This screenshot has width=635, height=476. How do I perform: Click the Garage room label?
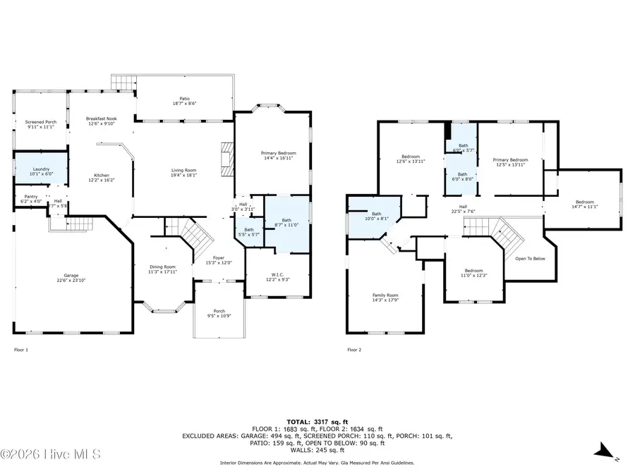click(71, 278)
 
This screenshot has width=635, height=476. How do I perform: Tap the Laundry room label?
click(41, 169)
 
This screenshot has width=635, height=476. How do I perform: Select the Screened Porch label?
click(41, 125)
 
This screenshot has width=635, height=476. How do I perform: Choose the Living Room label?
click(183, 172)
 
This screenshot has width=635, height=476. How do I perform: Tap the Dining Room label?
click(162, 269)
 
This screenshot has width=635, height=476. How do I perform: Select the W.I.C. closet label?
click(277, 277)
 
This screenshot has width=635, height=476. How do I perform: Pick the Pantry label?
click(30, 199)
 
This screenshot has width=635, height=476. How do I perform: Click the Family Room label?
click(385, 298)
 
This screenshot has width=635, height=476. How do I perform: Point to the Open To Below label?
click(529, 259)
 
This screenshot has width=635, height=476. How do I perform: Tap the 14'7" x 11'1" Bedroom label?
click(584, 204)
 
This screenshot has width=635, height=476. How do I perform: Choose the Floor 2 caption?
click(353, 349)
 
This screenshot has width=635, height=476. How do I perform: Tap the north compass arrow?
click(604, 451)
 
